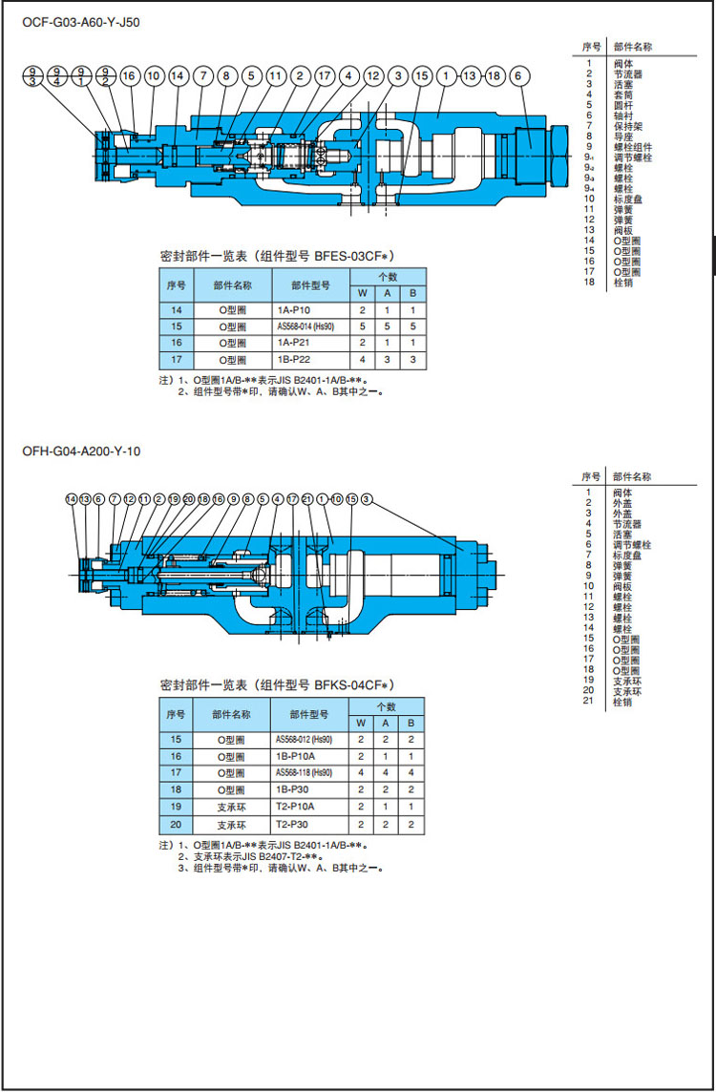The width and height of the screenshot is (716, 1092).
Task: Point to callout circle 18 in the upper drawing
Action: point(494,74)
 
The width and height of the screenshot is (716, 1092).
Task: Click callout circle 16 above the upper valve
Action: point(130,74)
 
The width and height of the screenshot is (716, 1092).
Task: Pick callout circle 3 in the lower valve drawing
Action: point(366,498)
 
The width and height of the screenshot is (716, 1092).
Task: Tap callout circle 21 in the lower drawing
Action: point(307,498)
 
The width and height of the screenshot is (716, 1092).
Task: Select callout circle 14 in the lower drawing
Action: point(71,498)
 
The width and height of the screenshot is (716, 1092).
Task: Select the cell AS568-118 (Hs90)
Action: point(304,772)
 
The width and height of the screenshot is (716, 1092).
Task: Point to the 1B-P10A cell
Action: point(292,755)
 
